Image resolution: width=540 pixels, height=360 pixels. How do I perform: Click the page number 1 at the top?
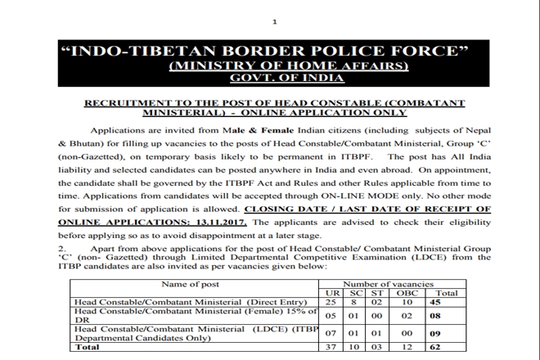pos(276,22)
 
